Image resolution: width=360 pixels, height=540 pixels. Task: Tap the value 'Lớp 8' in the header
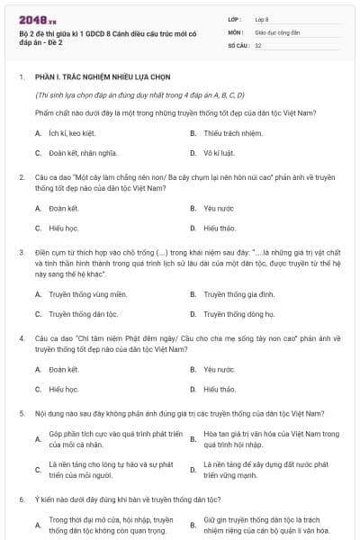coord(262,18)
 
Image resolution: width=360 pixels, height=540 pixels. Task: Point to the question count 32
coord(258,45)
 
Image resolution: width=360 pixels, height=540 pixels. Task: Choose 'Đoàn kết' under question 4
coord(64,369)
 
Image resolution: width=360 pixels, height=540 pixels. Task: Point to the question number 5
coord(21,413)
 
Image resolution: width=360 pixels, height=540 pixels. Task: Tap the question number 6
coord(21,499)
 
